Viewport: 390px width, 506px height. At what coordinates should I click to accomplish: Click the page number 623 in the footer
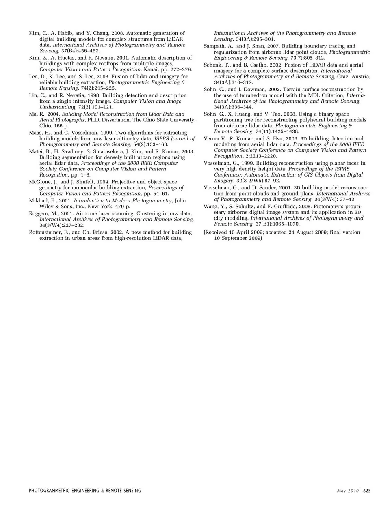[367, 491]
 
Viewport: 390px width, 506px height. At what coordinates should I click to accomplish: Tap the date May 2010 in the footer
[348, 491]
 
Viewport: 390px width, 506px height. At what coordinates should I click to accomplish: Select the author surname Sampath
[214, 46]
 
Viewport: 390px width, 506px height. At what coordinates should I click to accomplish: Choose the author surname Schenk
[213, 65]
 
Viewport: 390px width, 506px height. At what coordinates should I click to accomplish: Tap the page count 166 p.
[48, 126]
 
